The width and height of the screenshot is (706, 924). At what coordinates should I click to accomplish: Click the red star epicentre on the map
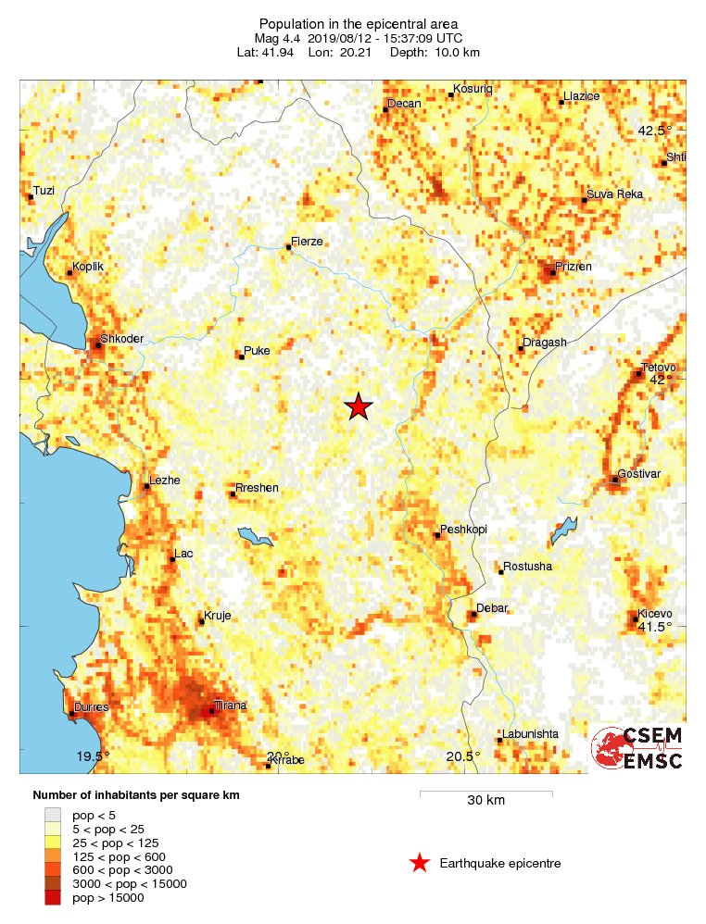[359, 406]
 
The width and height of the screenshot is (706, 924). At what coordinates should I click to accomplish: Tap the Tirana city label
[231, 705]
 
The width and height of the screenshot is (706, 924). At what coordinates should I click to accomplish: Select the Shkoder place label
[121, 339]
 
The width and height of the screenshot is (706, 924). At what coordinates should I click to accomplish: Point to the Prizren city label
[573, 267]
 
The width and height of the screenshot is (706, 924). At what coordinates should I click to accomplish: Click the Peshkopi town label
[463, 530]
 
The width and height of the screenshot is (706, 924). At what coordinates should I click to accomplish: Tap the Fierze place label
[307, 242]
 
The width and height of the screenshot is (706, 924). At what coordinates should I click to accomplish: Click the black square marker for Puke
[242, 356]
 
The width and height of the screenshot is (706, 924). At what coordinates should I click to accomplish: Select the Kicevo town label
[653, 614]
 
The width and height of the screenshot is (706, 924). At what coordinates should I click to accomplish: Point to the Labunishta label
[531, 734]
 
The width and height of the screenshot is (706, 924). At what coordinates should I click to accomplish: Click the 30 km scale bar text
[485, 801]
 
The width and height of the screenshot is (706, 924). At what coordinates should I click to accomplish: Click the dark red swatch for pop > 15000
[52, 897]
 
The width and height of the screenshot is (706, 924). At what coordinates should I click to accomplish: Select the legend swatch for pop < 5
[52, 815]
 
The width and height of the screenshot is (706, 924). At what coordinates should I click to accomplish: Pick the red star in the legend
[420, 864]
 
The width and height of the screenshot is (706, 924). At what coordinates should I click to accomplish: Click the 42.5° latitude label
[654, 131]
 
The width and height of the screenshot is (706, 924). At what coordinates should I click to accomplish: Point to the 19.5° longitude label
[93, 756]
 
